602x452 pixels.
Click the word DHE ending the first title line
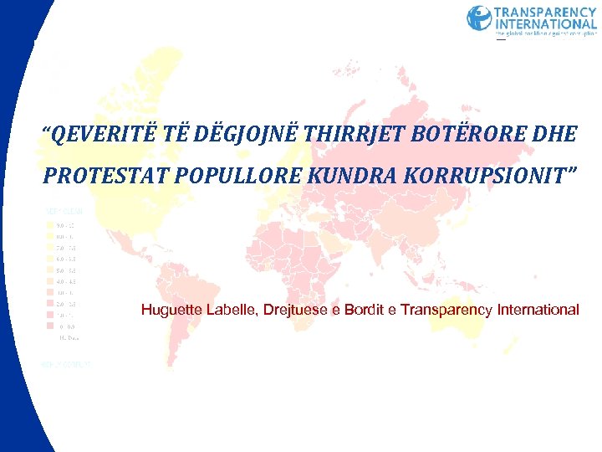tap(553, 132)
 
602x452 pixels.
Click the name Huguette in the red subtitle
tap(171, 310)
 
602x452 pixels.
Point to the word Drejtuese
tap(296, 310)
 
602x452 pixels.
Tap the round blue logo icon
tap(479, 18)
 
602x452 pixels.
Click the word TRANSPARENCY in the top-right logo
tap(546, 13)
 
